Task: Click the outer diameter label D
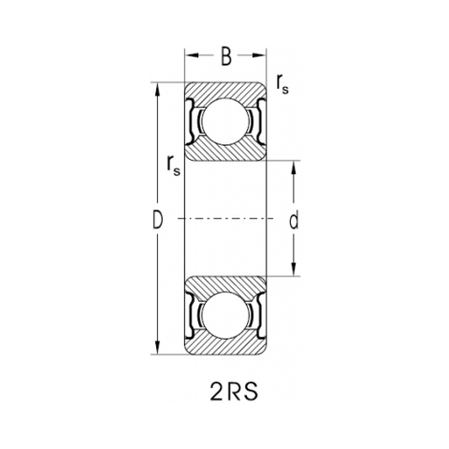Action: coord(158,220)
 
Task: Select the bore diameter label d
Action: coord(294,221)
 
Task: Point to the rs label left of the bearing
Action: coord(170,166)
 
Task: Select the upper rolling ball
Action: coord(225,122)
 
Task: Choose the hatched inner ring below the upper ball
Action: coord(225,152)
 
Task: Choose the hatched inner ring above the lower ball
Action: coord(225,285)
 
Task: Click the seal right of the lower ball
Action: coord(257,316)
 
